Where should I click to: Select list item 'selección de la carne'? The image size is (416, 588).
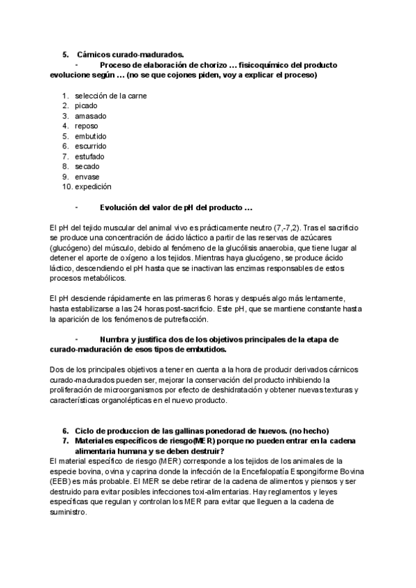click(111, 96)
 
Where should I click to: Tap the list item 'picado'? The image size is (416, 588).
click(87, 106)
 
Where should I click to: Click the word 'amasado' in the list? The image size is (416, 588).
click(91, 116)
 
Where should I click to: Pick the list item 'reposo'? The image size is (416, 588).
click(87, 126)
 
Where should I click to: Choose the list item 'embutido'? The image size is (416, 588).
click(91, 137)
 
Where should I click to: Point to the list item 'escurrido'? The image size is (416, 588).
click(91, 146)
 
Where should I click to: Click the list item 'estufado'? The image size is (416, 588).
click(90, 157)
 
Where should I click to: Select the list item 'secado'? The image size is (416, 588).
click(87, 166)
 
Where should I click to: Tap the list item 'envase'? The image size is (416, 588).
click(87, 177)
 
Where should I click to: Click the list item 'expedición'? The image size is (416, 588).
click(94, 187)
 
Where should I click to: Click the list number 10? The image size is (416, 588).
click(67, 187)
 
